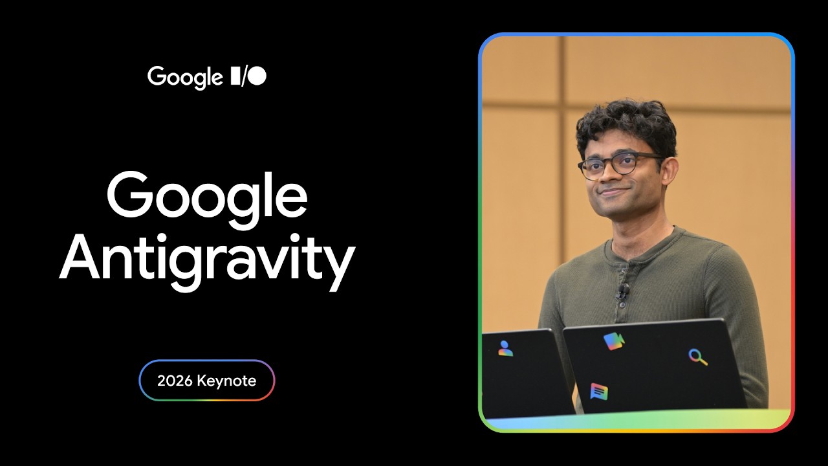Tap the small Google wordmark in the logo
185,77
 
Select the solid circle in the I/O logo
257,76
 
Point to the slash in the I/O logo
245,77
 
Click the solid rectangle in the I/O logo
235,76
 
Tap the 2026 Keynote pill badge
207,380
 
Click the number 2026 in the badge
175,381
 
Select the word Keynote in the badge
226,381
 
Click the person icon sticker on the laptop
505,349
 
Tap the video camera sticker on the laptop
614,341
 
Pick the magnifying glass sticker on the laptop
698,357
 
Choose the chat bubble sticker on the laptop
599,392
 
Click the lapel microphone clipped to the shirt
623,291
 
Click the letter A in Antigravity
80,257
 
